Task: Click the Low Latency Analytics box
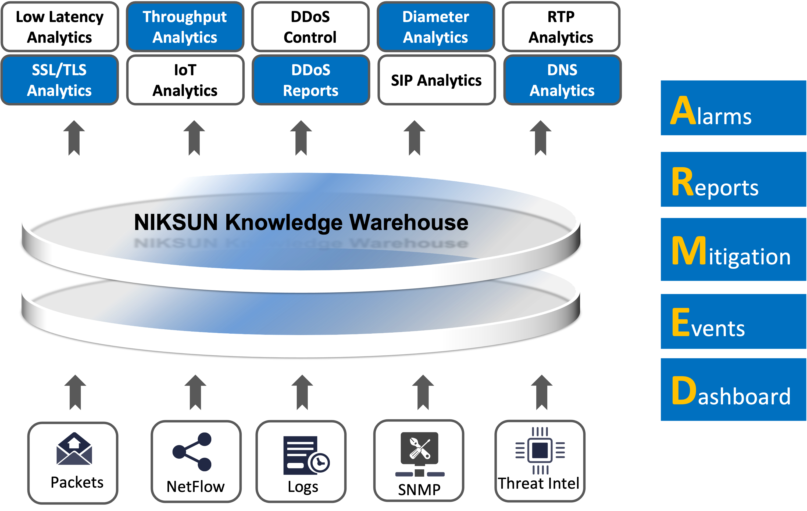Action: [60, 27]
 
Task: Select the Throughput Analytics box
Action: [185, 27]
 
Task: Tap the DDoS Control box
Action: [310, 27]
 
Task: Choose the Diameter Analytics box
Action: [436, 27]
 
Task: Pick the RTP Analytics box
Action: [561, 27]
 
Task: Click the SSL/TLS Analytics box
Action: [60, 80]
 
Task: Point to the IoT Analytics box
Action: [185, 80]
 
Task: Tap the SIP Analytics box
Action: [436, 80]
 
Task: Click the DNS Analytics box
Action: [562, 80]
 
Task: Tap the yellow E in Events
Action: [681, 322]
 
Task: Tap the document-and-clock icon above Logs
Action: [306, 455]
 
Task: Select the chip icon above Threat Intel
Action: [540, 450]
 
